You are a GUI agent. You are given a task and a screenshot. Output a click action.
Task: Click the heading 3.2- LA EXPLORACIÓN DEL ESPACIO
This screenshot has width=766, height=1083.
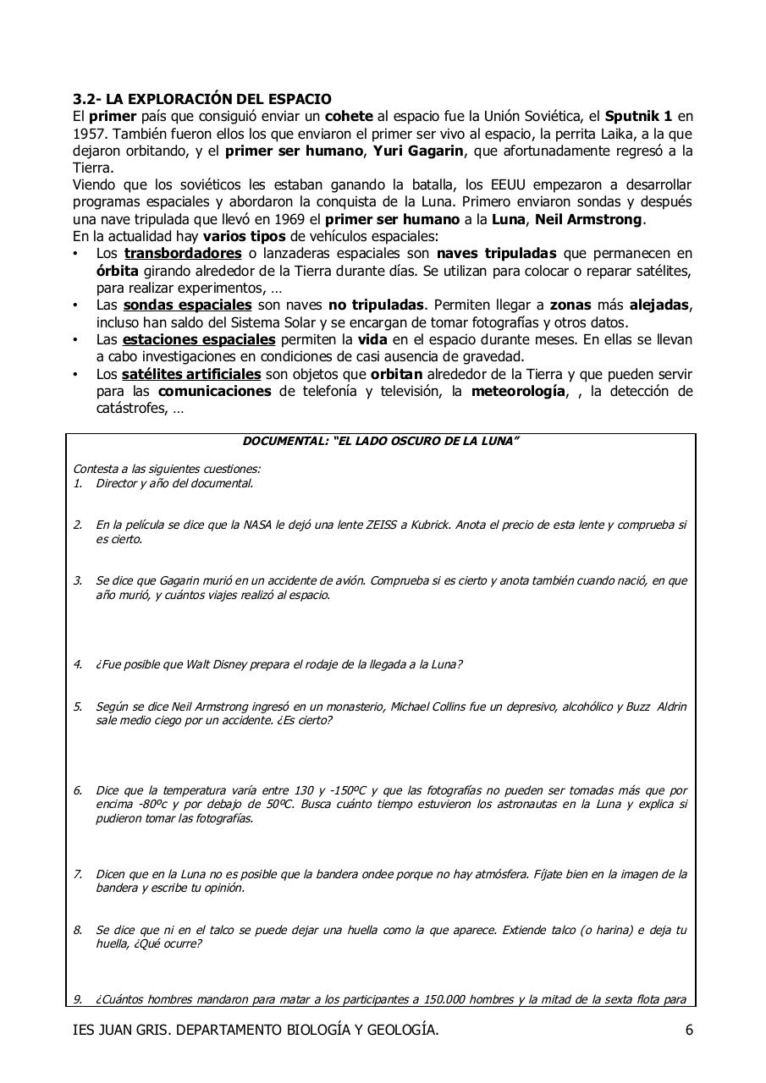201,100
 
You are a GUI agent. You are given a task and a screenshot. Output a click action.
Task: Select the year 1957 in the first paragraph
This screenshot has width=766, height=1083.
88,134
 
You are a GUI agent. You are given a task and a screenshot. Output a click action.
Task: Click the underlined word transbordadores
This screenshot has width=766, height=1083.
183,254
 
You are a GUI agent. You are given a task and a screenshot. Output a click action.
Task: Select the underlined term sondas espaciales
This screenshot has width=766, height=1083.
187,305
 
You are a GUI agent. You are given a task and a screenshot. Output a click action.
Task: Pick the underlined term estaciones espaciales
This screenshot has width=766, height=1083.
199,339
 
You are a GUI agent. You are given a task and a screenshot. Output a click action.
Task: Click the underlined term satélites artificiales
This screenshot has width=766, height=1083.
191,374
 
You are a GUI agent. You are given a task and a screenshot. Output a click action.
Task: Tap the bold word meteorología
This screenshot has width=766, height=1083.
518,391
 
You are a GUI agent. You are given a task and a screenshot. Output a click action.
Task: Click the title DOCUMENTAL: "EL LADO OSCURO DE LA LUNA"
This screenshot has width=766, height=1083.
381,442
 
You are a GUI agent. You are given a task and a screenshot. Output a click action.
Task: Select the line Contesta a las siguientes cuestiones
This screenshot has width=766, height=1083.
167,469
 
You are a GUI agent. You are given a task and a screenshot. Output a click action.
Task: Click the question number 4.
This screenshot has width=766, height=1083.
77,664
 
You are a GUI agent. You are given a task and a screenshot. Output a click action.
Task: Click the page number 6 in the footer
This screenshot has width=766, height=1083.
689,1030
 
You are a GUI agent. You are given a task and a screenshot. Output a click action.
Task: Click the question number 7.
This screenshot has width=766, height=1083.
77,873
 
